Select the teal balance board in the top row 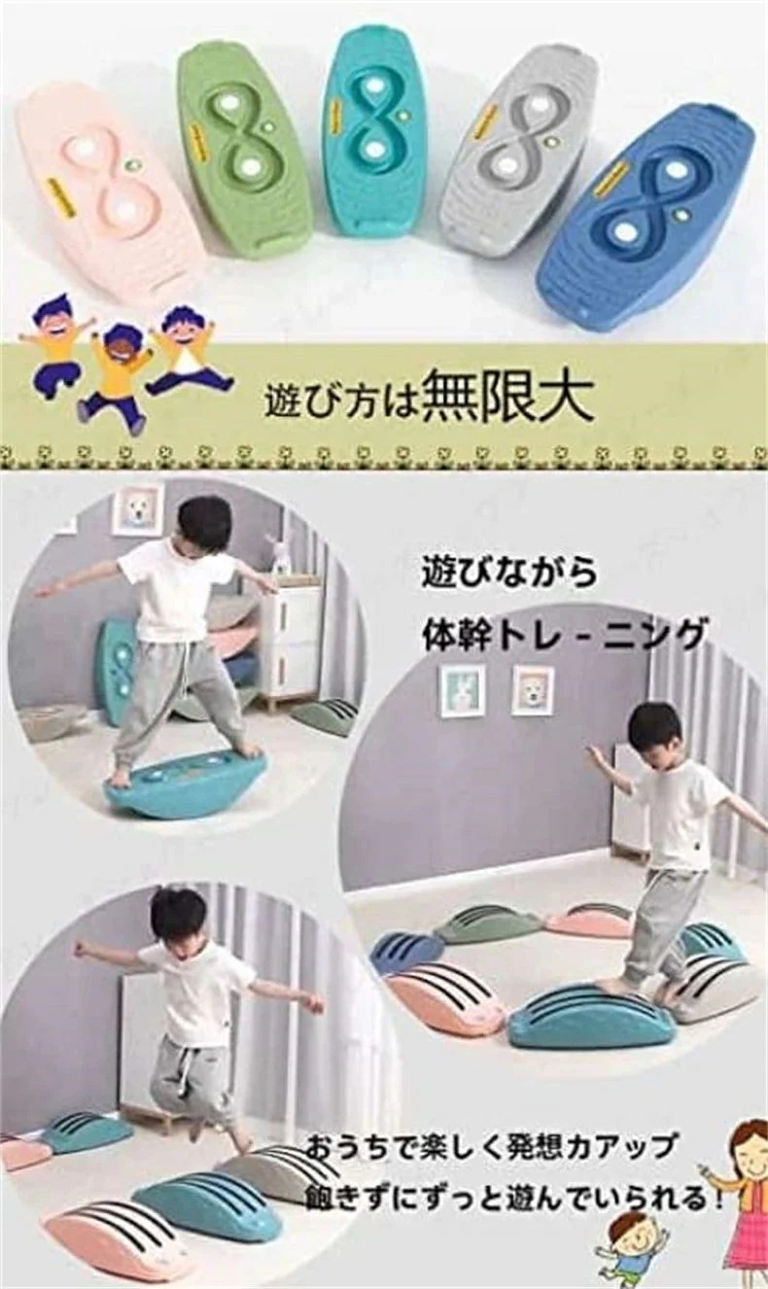tap(374, 130)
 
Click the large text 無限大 tap(506, 399)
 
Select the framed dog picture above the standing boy tap(137, 509)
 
